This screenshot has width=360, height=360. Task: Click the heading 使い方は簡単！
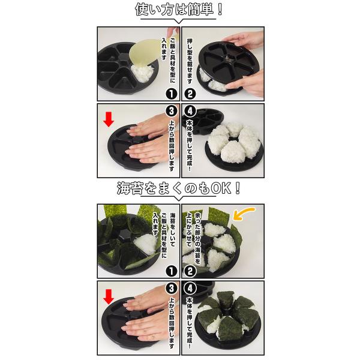179,10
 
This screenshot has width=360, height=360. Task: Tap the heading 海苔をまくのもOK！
179,188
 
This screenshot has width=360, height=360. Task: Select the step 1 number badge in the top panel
172,94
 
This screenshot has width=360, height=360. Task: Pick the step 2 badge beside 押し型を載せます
190,94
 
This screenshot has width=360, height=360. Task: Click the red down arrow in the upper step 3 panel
109,119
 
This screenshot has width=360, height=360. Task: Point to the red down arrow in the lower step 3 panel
109,297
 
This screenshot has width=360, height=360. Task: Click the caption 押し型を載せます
190,62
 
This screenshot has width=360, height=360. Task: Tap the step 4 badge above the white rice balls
190,111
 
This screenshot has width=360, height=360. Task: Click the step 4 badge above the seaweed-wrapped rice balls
190,289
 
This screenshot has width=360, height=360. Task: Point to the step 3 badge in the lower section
172,289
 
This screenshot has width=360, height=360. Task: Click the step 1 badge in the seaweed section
172,271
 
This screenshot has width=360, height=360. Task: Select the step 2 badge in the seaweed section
190,271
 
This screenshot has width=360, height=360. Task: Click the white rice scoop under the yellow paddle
143,73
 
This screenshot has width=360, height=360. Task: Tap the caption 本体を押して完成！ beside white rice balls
190,145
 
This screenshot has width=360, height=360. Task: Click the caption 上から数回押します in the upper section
172,145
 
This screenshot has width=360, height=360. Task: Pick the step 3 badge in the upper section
172,111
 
